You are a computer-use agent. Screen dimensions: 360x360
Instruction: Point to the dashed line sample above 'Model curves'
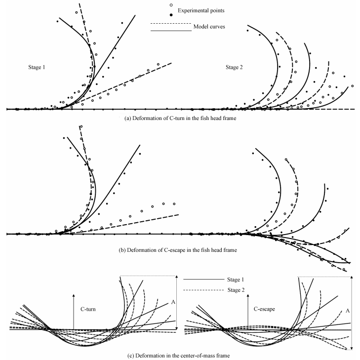point(170,23)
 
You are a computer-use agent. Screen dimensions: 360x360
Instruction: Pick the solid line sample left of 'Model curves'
point(170,31)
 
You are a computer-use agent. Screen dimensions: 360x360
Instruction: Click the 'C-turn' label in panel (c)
point(89,308)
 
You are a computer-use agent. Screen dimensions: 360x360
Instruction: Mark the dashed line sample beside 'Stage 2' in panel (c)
point(203,289)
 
